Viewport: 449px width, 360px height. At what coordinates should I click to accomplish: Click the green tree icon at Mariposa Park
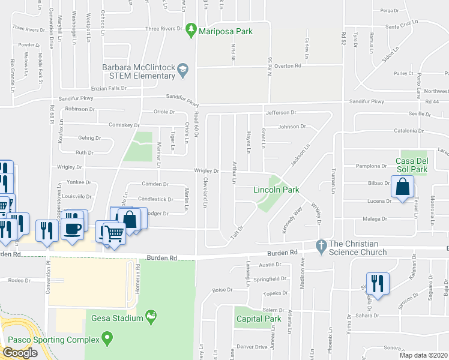[x=191, y=29]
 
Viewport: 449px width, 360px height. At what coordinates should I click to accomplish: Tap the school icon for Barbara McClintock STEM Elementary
[x=182, y=72]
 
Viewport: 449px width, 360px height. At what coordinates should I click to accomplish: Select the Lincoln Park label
[x=276, y=190]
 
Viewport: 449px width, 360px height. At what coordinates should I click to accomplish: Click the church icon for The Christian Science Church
[x=321, y=245]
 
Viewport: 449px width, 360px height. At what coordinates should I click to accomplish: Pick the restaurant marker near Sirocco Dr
[x=378, y=283]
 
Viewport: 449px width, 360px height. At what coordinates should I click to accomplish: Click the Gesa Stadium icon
[x=151, y=316]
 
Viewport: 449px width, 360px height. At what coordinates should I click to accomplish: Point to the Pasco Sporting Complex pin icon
[x=107, y=340]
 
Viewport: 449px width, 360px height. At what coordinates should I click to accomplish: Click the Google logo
[x=20, y=353]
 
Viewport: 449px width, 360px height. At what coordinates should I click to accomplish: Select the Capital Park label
[x=258, y=319]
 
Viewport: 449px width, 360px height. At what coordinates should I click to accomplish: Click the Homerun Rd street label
[x=138, y=275]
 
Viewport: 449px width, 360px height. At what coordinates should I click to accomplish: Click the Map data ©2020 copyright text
[x=424, y=355]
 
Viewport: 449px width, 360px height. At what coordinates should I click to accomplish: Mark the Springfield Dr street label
[x=270, y=279]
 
